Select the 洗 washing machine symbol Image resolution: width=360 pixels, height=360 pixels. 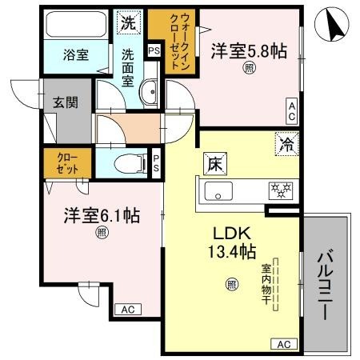128,24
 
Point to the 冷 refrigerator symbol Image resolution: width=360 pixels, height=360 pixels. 286,144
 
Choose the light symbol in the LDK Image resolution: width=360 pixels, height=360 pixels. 231,282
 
